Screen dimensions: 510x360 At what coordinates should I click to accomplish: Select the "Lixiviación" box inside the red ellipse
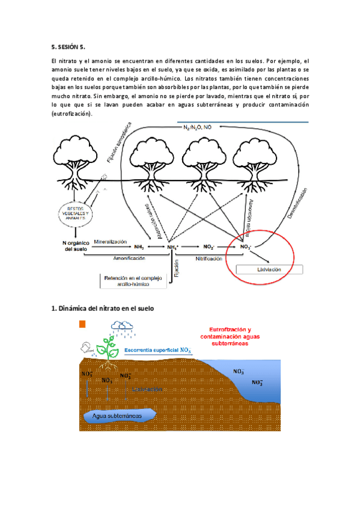click(x=269, y=270)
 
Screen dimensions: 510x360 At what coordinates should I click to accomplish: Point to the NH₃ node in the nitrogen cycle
click(x=139, y=247)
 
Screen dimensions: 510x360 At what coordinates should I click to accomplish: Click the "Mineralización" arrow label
click(x=111, y=241)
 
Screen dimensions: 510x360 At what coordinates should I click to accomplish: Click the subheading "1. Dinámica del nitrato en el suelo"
click(x=103, y=309)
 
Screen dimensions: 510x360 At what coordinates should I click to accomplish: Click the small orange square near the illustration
click(x=83, y=325)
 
